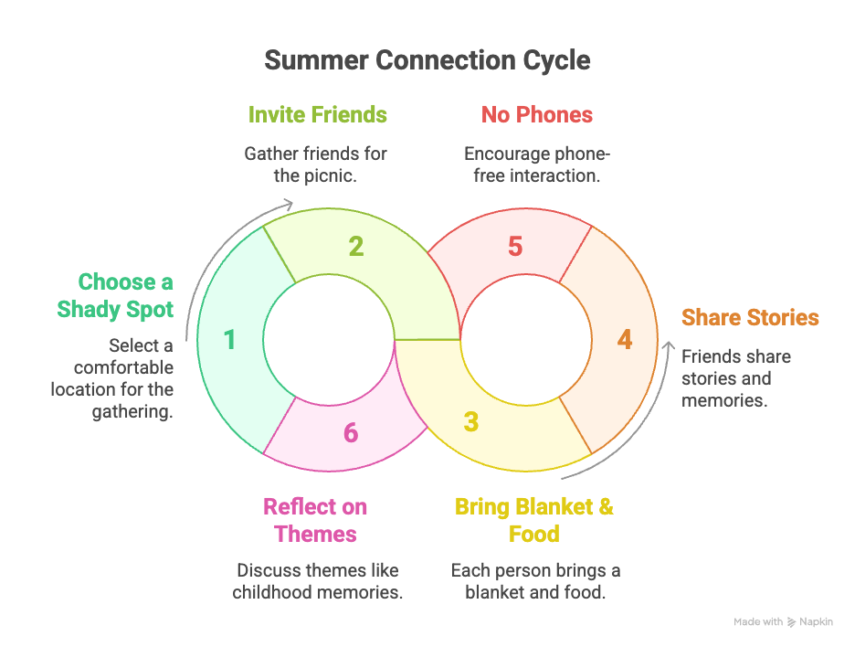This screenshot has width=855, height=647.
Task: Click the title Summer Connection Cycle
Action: tap(427, 60)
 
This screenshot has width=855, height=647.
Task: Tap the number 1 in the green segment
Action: tap(229, 340)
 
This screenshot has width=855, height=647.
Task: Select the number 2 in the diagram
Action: tap(356, 246)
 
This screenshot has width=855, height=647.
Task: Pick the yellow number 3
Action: tap(470, 422)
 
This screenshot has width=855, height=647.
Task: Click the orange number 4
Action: tap(624, 340)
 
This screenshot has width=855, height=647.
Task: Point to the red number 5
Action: tap(515, 246)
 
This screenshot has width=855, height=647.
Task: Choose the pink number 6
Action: tap(351, 432)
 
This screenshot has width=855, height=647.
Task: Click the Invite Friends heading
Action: tap(317, 115)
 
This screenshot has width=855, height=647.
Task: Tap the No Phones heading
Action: tap(536, 115)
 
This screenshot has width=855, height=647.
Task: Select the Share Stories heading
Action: tap(750, 318)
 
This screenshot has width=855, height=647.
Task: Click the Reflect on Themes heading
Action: tap(315, 520)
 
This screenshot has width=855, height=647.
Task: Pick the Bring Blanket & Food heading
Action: tap(534, 520)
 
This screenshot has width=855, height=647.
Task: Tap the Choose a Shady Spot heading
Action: tap(115, 295)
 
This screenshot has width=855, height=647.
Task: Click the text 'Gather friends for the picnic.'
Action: tap(315, 164)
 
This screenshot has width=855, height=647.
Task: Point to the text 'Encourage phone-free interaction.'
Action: tap(536, 164)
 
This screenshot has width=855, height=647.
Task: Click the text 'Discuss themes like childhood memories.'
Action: tap(317, 581)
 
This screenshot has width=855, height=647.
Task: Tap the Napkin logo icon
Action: tap(791, 622)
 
